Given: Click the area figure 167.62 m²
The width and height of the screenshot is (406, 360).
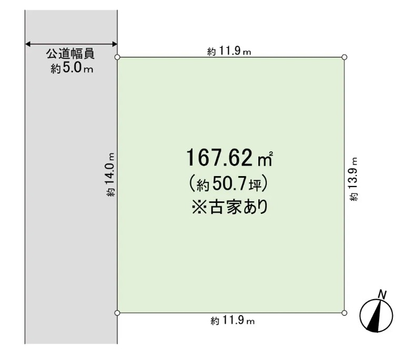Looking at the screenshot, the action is click(229, 158).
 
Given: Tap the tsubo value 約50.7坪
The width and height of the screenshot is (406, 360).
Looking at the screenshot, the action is click(229, 184).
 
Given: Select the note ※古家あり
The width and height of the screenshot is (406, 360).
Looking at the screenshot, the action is click(230, 207).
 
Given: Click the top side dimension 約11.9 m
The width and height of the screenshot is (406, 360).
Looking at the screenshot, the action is click(229, 51).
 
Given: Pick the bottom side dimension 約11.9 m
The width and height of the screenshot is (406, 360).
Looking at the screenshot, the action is click(232, 321).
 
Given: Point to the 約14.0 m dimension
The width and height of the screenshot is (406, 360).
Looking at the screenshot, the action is click(110, 174).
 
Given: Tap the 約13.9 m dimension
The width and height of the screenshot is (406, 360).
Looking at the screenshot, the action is click(354, 179).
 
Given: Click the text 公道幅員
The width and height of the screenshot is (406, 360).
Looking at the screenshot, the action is click(70, 54).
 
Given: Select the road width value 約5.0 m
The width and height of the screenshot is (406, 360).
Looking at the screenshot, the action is click(72, 68).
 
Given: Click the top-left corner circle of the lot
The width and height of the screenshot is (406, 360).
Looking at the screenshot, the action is click(117, 57).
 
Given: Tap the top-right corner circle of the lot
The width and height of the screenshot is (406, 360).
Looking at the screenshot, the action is click(344, 57).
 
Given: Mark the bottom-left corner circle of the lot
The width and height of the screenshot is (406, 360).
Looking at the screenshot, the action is click(117, 313).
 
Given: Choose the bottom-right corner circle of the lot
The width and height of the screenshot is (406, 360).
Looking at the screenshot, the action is click(344, 313).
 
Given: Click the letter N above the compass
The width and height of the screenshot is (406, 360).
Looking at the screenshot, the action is click(382, 295).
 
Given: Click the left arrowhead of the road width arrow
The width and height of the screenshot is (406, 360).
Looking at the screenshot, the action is click(28, 44).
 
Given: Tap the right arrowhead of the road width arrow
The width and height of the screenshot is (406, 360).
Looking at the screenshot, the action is click(115, 44).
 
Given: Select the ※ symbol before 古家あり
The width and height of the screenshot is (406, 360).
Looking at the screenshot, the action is click(199, 207).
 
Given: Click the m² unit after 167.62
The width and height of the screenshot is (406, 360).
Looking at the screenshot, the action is click(265, 159).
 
